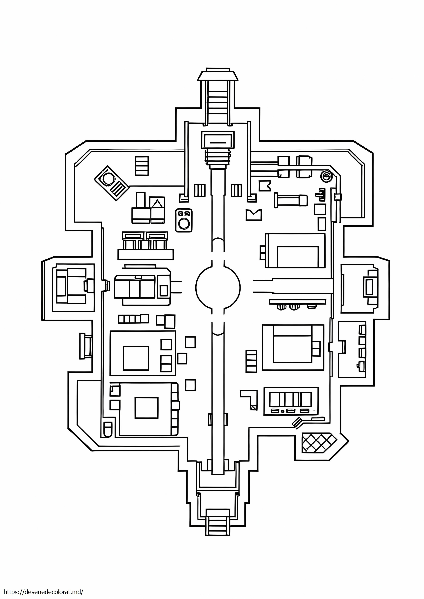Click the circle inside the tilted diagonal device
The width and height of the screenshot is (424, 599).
108,179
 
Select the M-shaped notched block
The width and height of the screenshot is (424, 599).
254,215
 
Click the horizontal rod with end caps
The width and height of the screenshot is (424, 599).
291,200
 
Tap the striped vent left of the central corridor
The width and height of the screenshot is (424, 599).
200,190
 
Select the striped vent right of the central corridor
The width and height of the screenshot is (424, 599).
236,190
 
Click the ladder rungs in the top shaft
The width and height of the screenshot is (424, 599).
218,102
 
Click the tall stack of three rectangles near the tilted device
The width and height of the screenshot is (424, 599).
142,166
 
